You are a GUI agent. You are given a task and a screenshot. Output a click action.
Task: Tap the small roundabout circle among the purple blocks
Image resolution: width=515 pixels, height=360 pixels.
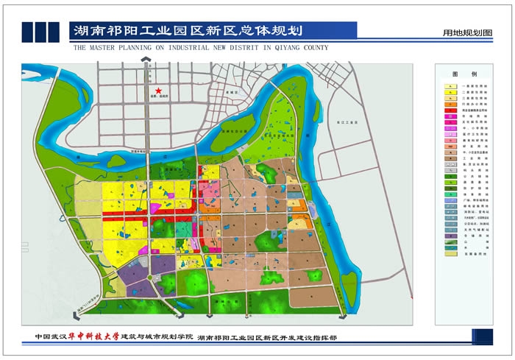(x=150, y=277)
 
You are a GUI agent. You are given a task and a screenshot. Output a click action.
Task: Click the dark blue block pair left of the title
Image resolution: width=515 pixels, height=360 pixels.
(x=41, y=31)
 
